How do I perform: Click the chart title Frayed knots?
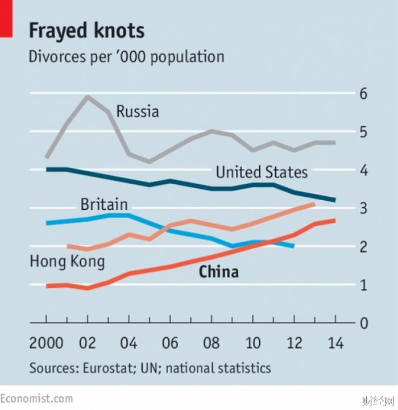tap(86, 30)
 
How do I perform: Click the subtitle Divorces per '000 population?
tap(126, 57)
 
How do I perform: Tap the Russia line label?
tap(138, 111)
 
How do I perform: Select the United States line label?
tap(262, 172)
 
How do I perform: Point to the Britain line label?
tap(104, 204)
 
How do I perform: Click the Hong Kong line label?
tap(67, 262)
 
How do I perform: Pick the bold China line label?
tap(218, 272)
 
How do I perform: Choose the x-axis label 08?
tap(211, 343)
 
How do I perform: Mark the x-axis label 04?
tap(129, 343)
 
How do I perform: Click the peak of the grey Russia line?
tap(88, 97)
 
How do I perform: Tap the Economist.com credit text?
tap(37, 398)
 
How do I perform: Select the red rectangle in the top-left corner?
tap(6, 19)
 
